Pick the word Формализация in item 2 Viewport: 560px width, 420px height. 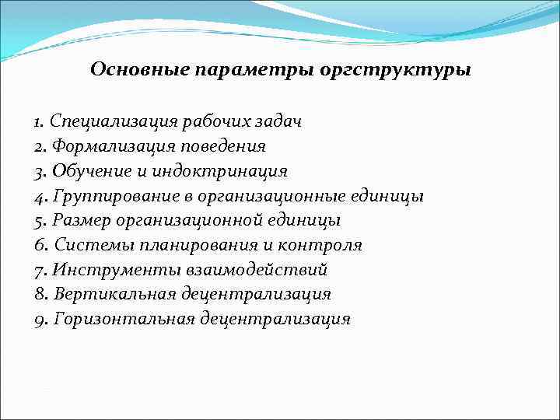click(x=103, y=146)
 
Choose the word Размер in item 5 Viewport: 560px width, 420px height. click(x=79, y=221)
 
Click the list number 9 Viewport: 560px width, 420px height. click(x=39, y=320)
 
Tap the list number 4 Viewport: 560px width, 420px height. click(x=39, y=196)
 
